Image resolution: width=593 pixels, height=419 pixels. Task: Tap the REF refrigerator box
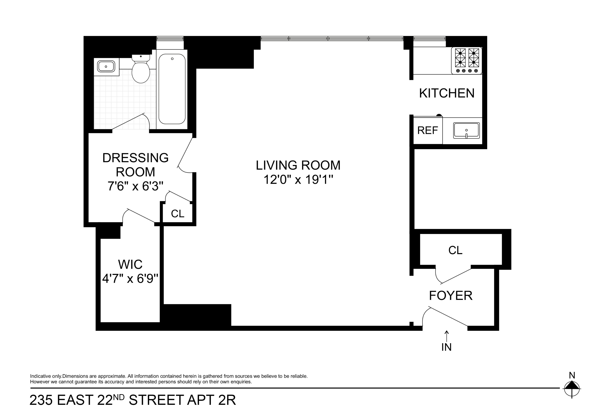click(x=428, y=130)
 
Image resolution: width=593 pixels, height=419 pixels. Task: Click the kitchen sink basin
click(x=466, y=131)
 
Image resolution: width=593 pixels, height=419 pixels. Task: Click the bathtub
click(x=172, y=89)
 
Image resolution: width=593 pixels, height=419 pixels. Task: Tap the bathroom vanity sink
click(x=106, y=67)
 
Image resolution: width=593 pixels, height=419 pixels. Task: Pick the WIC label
click(x=130, y=264)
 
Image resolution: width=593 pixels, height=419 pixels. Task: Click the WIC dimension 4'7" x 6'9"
click(x=130, y=279)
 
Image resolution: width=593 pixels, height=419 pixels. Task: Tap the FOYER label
click(x=451, y=296)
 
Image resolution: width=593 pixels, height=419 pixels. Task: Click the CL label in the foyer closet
click(x=455, y=250)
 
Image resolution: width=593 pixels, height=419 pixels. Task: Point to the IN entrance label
click(x=447, y=347)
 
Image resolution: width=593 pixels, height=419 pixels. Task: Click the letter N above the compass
click(x=572, y=375)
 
